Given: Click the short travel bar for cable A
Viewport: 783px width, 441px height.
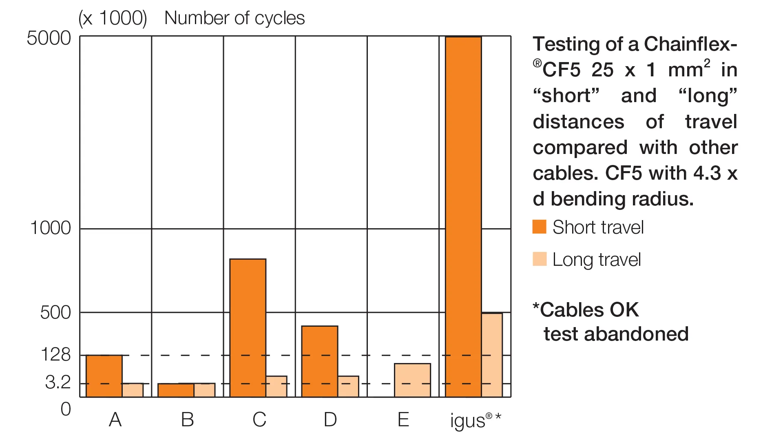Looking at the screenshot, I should (104, 376).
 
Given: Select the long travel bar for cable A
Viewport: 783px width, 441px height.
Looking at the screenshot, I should (133, 390).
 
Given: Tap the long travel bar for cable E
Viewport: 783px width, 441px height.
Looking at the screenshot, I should (412, 380).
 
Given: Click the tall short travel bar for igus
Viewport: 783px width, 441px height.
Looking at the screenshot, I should (463, 216).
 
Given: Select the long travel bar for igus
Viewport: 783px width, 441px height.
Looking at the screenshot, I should (492, 355).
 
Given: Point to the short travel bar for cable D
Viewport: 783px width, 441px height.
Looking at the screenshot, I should (319, 361).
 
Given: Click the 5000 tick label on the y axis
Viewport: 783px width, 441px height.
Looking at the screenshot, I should (49, 38).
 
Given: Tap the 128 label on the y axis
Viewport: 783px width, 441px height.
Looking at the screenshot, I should (55, 354).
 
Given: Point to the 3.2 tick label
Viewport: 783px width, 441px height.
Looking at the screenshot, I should (58, 383).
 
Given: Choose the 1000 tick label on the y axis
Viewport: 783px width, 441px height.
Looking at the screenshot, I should (50, 228).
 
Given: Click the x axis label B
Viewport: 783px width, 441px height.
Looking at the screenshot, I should (187, 420).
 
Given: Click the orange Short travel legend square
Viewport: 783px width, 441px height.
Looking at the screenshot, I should (539, 227).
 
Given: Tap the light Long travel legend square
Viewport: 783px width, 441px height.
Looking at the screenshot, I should (539, 259).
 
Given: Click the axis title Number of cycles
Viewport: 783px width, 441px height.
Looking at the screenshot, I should (234, 18).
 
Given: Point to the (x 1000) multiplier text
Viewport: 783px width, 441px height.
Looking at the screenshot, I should (113, 18).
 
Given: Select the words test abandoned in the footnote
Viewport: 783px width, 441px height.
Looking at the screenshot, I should (616, 334).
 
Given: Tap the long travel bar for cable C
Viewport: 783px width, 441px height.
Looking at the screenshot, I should (276, 386).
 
